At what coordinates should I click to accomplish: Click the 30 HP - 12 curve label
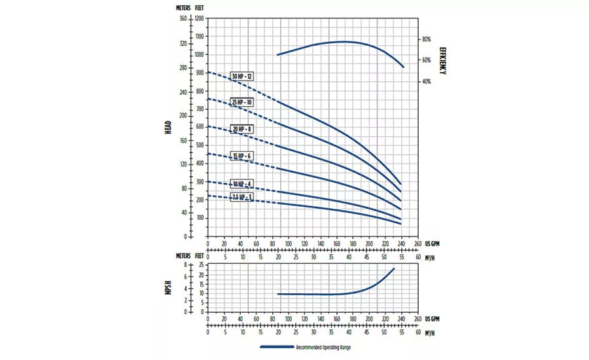[242, 77]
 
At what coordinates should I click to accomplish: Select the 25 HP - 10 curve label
[242, 103]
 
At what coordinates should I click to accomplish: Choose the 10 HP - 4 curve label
[242, 183]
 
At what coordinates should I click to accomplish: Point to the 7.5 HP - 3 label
[242, 196]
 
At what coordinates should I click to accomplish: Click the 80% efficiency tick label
[426, 39]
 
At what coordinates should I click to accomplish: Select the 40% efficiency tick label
[426, 82]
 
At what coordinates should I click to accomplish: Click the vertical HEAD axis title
[169, 127]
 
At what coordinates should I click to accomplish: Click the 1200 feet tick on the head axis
[200, 18]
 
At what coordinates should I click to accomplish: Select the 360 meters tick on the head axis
[183, 18]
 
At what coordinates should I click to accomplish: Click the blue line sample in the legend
[276, 347]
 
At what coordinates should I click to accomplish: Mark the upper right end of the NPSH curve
[394, 268]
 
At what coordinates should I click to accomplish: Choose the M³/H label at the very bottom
[430, 332]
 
